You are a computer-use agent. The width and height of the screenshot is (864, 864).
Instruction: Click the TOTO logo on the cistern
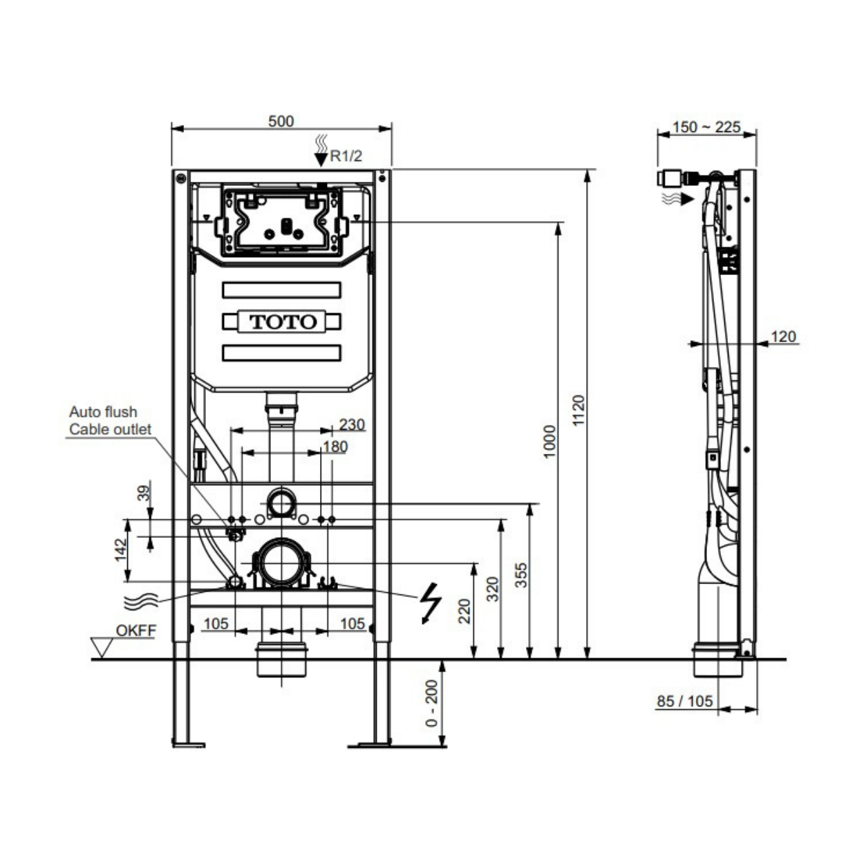click(x=283, y=322)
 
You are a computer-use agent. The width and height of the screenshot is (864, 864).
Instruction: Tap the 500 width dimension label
click(x=281, y=121)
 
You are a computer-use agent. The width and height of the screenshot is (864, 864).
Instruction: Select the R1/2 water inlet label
click(x=346, y=156)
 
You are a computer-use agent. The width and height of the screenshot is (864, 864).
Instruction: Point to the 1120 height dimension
click(x=579, y=410)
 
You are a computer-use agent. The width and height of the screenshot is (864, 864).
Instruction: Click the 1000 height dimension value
click(x=550, y=442)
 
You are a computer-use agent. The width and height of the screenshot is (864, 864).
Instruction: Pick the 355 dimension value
click(x=521, y=575)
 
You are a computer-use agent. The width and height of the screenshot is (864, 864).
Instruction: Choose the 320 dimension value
click(x=492, y=589)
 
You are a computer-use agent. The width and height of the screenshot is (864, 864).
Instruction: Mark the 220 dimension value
click(x=464, y=611)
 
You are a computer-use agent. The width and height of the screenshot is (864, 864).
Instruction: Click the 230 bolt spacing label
click(x=352, y=424)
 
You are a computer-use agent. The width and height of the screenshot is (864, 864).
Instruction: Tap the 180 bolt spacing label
click(x=335, y=447)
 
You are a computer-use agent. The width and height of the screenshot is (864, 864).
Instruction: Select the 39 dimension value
click(x=144, y=494)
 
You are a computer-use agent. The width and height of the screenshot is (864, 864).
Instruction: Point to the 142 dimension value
click(x=121, y=550)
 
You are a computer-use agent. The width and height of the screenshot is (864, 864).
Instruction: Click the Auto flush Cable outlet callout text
click(x=111, y=420)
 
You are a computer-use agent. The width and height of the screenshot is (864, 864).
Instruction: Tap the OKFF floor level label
click(x=136, y=630)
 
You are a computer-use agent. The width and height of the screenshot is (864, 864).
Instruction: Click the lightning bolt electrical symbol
click(x=431, y=603)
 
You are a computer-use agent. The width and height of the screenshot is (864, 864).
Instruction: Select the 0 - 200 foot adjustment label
click(x=431, y=703)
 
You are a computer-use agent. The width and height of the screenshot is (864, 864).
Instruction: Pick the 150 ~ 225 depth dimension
click(x=706, y=127)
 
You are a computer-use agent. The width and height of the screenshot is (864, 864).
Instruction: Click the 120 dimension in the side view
click(x=783, y=337)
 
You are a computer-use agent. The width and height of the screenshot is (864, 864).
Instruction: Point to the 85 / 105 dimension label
click(x=685, y=701)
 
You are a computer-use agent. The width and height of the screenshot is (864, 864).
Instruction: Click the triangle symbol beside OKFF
click(x=102, y=648)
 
